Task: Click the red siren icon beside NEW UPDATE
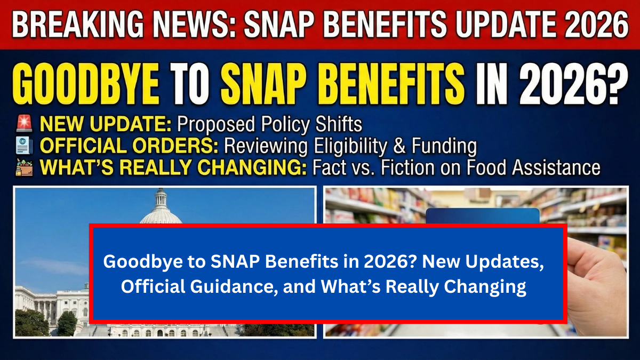(25, 124)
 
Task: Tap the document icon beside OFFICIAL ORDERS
(25, 146)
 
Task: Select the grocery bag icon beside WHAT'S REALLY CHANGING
(25, 167)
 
